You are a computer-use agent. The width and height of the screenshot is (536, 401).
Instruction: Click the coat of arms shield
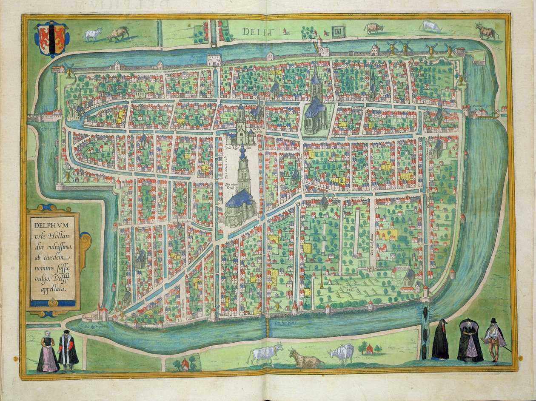click(x=51, y=39)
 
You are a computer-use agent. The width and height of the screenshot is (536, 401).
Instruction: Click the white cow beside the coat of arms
click(x=93, y=34)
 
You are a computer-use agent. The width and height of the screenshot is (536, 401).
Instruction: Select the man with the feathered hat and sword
click(x=494, y=339)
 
